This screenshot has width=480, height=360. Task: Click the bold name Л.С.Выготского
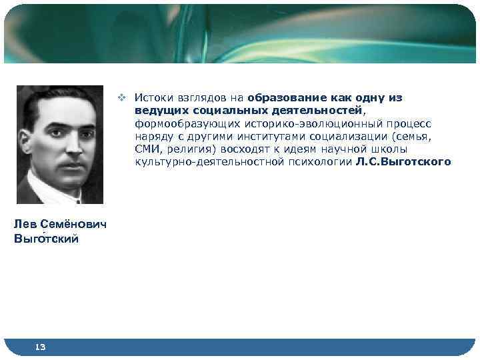[403, 161]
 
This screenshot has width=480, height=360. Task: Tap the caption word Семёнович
[73, 225]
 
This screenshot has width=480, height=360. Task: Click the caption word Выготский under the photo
[46, 239]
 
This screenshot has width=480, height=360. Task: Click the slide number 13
[39, 346]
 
